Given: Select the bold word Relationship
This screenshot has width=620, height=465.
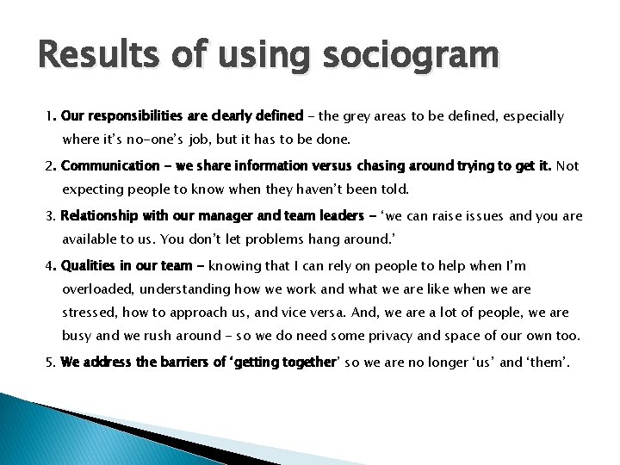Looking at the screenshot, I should [x=99, y=217].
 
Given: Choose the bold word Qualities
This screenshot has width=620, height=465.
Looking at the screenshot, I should [x=90, y=267].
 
